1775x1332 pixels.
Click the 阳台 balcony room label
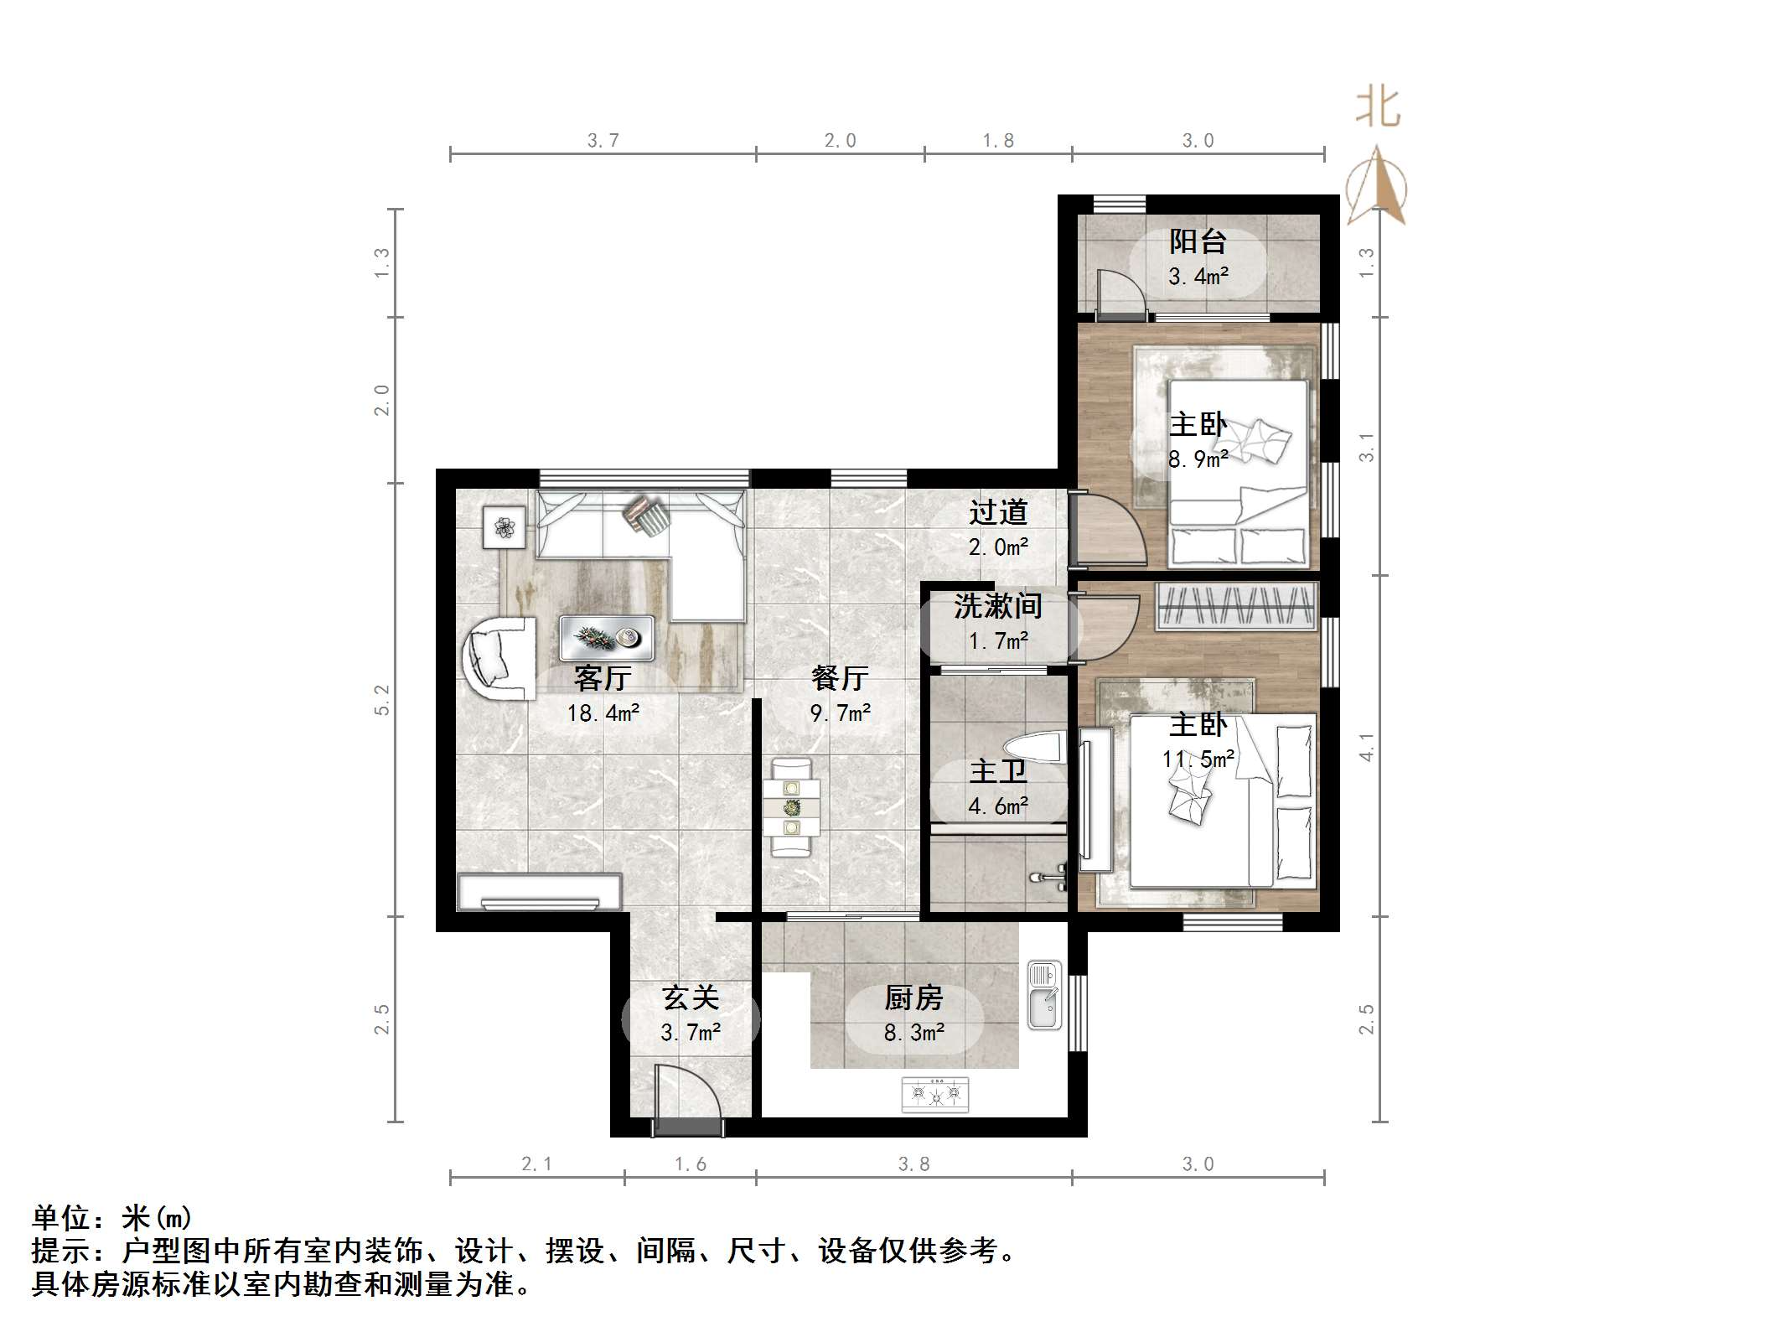click(1198, 241)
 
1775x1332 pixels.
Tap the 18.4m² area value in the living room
click(603, 713)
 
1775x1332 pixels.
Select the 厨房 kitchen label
click(913, 998)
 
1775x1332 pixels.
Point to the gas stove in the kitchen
click(934, 1094)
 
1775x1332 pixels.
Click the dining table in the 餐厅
click(791, 807)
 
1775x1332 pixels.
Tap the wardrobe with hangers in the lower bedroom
click(1235, 605)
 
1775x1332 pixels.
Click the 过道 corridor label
click(997, 511)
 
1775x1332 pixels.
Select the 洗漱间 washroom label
click(997, 605)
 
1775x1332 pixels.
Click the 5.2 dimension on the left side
click(382, 699)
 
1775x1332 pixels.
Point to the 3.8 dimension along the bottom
click(913, 1164)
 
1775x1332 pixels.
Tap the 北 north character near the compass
click(1378, 108)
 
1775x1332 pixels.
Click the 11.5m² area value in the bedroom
click(1198, 759)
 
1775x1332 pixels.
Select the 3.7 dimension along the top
click(603, 140)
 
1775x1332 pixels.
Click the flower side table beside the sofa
click(505, 527)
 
